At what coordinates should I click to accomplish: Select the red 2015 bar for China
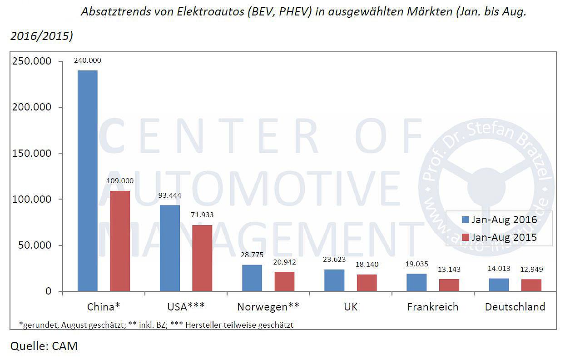120,241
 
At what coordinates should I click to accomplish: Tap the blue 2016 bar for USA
169,248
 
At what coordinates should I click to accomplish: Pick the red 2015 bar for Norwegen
284,281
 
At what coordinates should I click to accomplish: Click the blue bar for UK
334,280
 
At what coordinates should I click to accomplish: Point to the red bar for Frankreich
449,285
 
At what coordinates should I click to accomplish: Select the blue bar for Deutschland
499,285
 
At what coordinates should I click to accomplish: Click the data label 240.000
87,60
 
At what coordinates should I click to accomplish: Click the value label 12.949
531,269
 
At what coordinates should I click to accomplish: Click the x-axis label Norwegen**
268,307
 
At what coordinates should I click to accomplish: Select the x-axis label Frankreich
432,307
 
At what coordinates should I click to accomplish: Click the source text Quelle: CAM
44,346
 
